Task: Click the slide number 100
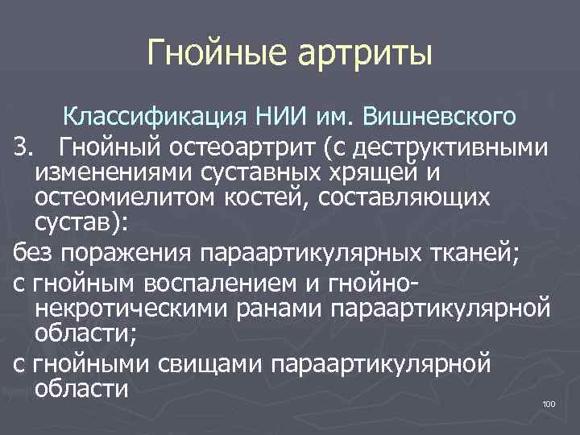(549, 404)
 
